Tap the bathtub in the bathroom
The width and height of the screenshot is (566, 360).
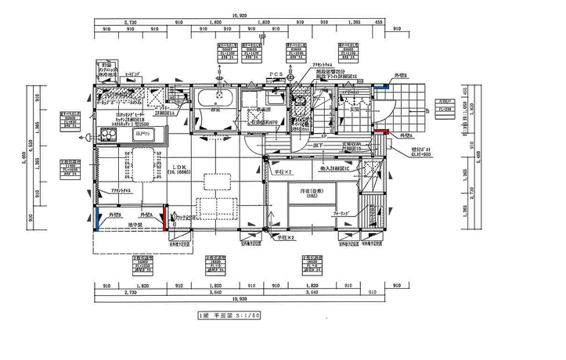214,99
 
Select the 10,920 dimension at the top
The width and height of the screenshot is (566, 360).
240,15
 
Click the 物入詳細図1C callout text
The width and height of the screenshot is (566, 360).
337,168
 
